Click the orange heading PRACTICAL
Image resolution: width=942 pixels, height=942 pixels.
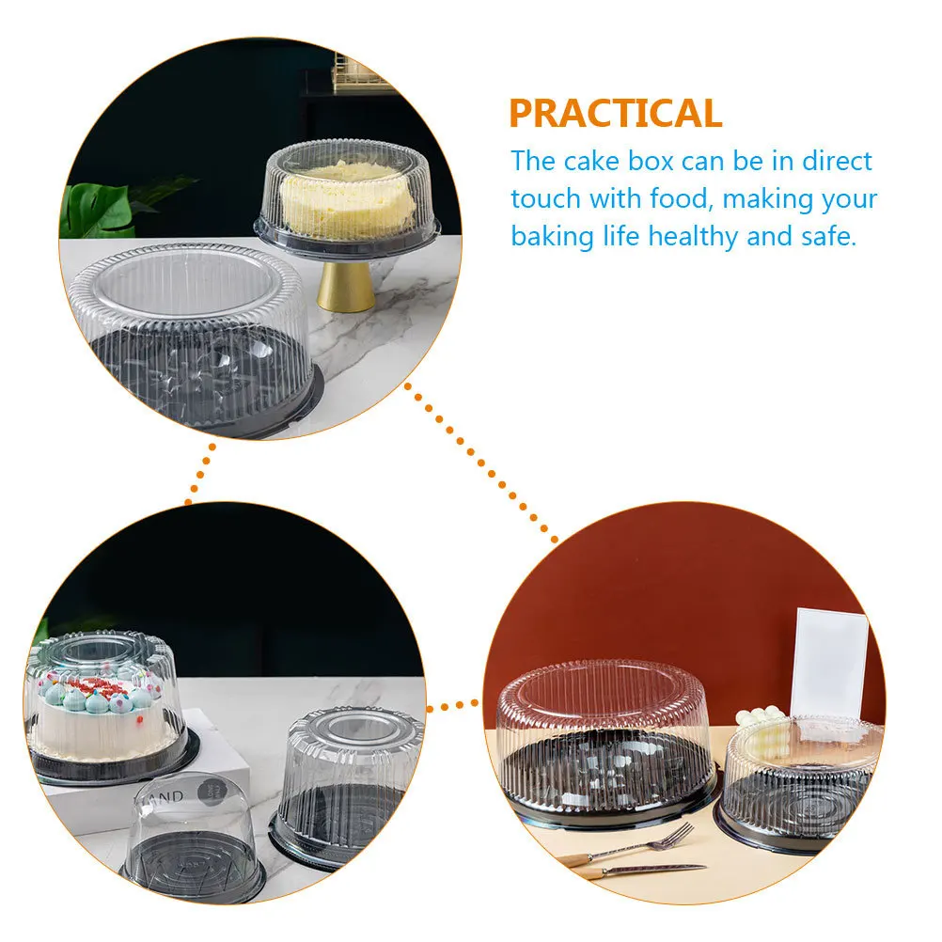pos(616,113)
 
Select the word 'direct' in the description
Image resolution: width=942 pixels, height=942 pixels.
pos(837,161)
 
